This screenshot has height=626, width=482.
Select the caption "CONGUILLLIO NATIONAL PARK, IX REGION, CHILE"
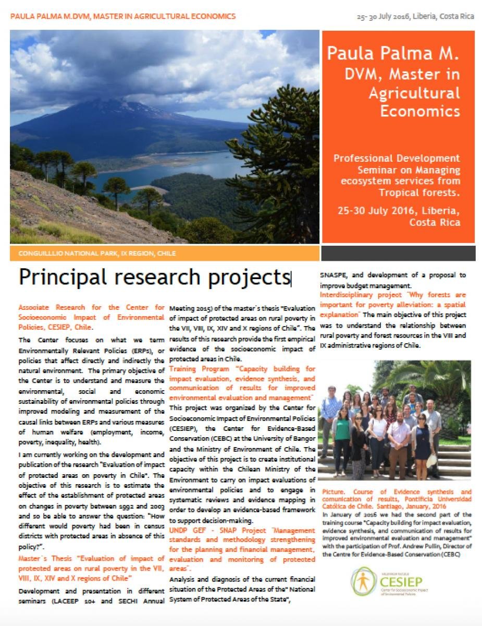click(97, 254)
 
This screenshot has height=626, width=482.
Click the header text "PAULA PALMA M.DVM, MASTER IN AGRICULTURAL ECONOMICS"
click(123, 16)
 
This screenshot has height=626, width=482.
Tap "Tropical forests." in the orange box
click(423, 191)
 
